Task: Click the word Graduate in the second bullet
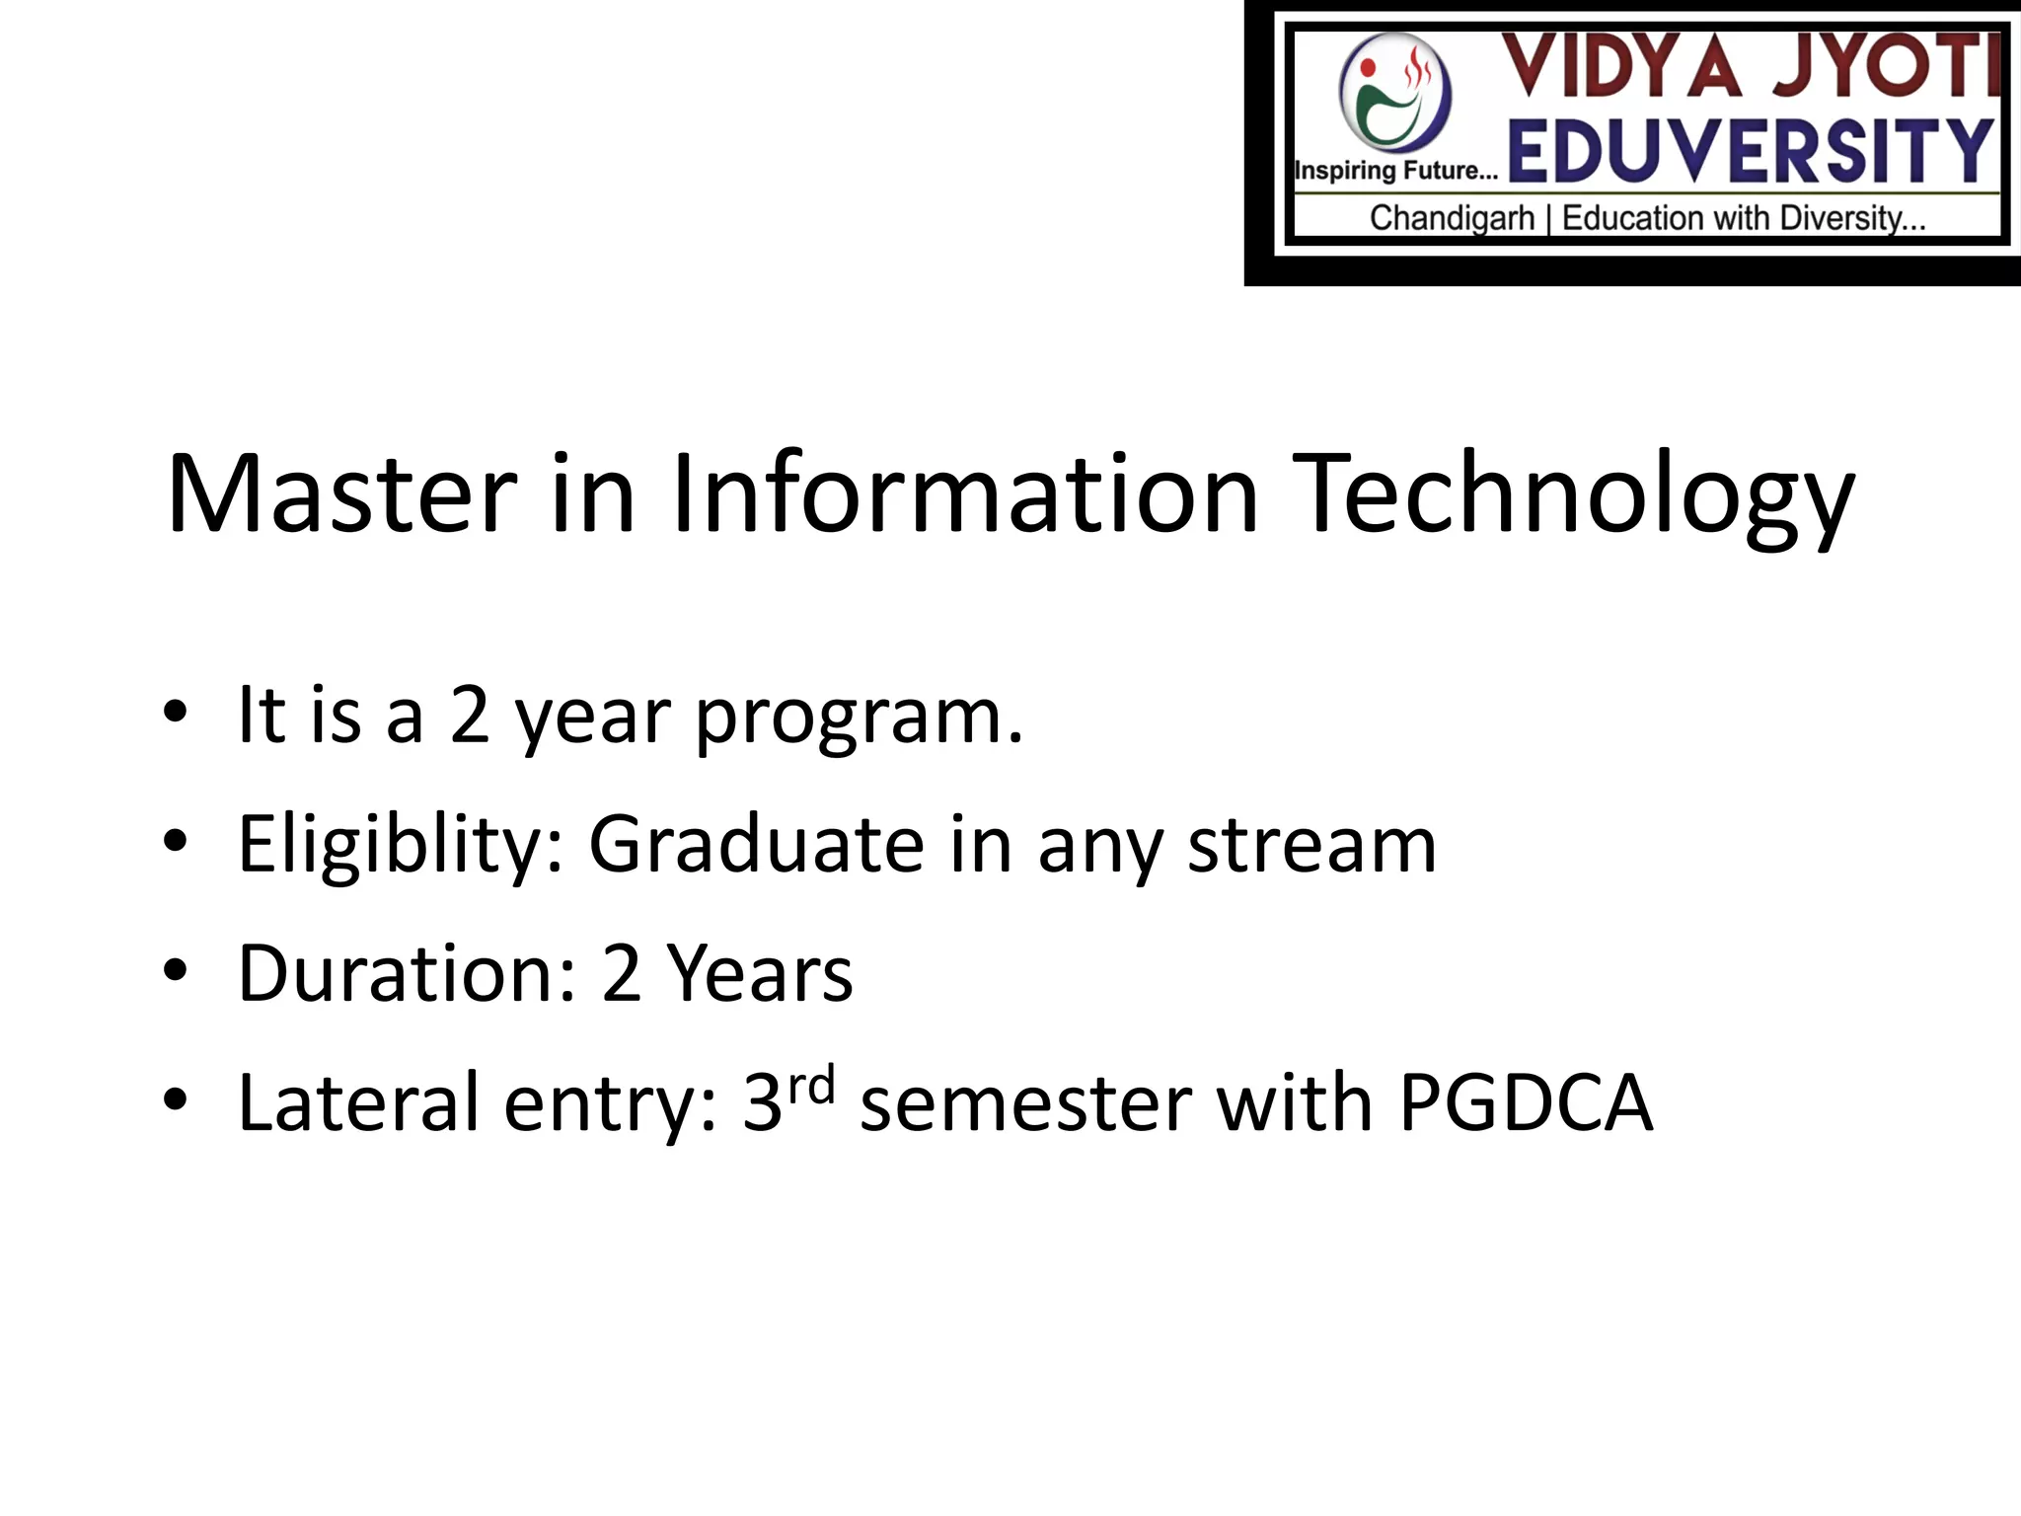pyautogui.click(x=757, y=845)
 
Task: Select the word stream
pyautogui.click(x=1311, y=847)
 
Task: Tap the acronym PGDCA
pyautogui.click(x=1526, y=1102)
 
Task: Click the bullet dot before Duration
pyautogui.click(x=176, y=971)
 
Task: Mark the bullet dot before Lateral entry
pyautogui.click(x=176, y=1099)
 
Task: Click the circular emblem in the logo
pyautogui.click(x=1395, y=92)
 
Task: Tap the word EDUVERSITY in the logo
pyautogui.click(x=1751, y=151)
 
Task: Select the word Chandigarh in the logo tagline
pyautogui.click(x=1451, y=218)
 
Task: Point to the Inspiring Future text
pyautogui.click(x=1395, y=171)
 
